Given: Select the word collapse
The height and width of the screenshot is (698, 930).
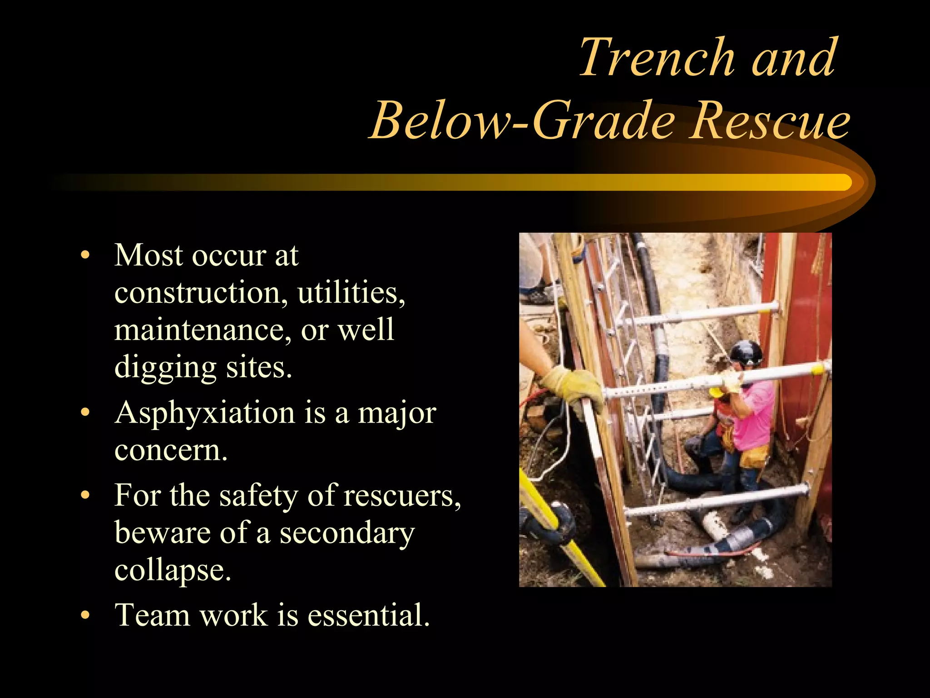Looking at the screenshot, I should tap(173, 571).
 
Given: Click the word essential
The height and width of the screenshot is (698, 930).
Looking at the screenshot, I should tap(368, 615).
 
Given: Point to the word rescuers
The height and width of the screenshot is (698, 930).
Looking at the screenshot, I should tap(401, 496).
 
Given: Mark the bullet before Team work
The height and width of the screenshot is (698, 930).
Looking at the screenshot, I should tap(85, 616).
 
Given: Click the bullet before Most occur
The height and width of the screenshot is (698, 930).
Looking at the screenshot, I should tap(85, 255).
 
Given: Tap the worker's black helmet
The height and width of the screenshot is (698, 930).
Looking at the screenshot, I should tap(746, 353).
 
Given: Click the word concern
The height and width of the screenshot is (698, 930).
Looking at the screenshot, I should tap(171, 451).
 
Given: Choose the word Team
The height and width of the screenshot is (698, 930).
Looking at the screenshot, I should tap(153, 615).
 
